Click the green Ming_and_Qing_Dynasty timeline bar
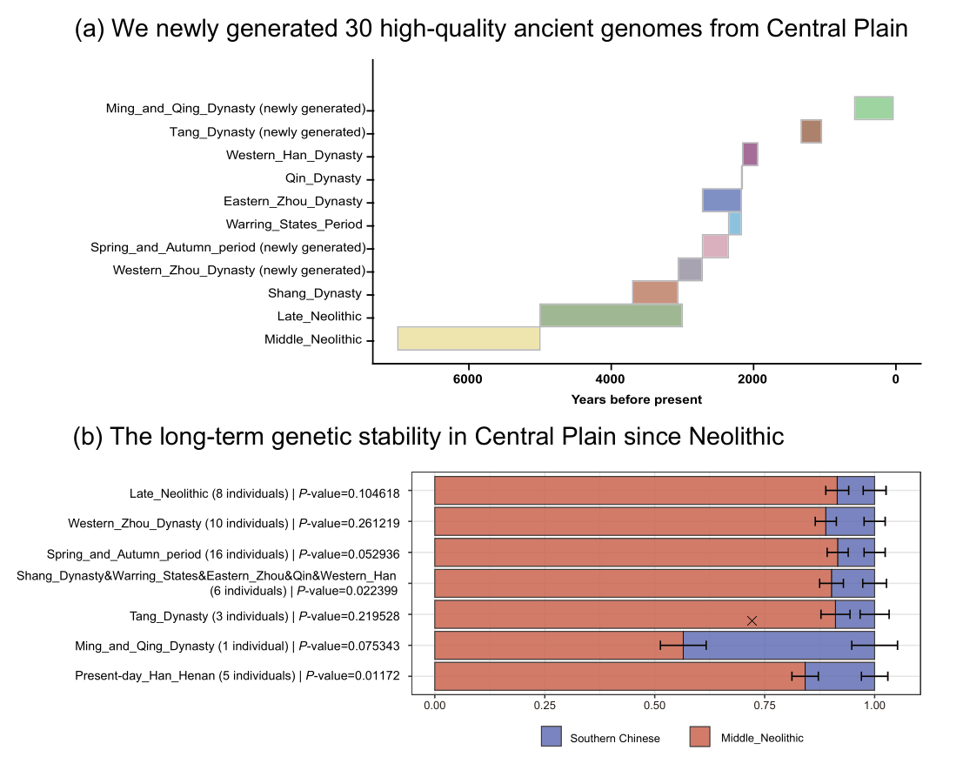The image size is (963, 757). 873,108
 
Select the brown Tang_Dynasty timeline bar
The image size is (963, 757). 811,131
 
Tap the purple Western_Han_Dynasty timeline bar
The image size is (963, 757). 750,154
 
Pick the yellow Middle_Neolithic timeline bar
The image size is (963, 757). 469,338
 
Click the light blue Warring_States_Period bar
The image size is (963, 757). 735,224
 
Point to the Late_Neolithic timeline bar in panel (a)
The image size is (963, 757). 611,315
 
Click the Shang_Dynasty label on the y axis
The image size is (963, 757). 314,293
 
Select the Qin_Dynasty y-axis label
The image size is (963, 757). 323,178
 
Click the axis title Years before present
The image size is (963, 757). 637,399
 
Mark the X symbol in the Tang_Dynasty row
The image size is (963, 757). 752,620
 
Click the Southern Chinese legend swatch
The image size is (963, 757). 552,736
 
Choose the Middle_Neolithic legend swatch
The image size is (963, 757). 701,736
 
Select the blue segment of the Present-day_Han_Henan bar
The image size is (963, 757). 839,676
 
